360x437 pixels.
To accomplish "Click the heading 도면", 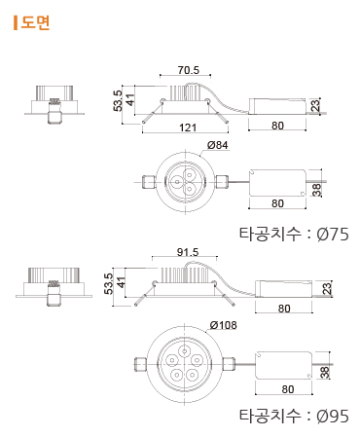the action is (35, 22).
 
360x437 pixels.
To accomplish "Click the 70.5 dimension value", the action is (189, 70).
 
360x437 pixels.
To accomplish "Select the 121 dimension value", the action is (188, 127).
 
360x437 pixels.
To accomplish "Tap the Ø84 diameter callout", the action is (217, 145).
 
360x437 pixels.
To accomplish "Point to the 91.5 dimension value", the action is (188, 252).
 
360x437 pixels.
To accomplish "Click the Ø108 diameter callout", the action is (223, 325).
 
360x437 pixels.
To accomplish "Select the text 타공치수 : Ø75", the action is (294, 234).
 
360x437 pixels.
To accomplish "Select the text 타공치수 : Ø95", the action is (294, 416).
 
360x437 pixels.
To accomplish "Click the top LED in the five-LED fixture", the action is (185, 351).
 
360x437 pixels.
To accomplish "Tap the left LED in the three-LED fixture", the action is (177, 182).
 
